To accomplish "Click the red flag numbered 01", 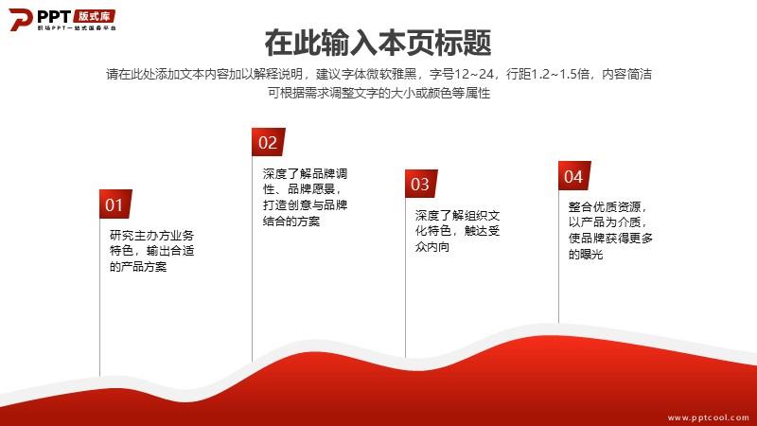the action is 115,204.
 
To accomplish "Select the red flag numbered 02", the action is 268,142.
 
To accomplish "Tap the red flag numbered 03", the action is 421,184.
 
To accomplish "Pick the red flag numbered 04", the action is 574,176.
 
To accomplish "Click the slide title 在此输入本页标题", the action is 378,43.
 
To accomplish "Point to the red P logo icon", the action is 20,19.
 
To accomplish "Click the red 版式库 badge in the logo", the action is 95,16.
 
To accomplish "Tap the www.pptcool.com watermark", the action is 708,417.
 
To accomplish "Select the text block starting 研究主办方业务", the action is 152,251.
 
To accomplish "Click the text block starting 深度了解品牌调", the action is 305,197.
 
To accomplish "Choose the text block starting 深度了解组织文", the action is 457,231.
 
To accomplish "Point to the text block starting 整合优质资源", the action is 610,230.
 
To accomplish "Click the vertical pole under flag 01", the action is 100,297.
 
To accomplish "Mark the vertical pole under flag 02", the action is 252,258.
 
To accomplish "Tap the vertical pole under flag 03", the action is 405,277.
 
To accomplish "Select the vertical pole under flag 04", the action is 558,257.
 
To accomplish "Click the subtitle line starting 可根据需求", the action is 379,93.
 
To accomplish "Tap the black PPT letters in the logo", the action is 54,16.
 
